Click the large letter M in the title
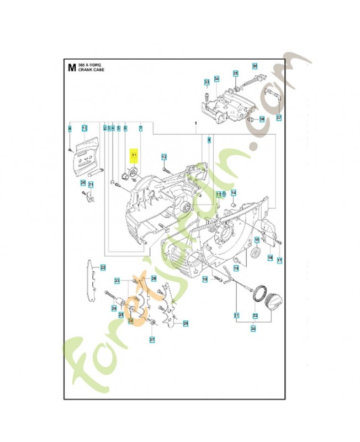[71, 68]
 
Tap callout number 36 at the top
[255, 66]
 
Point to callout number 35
[235, 73]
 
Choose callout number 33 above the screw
[207, 82]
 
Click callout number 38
[261, 119]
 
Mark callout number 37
[279, 118]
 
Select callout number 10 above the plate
[84, 128]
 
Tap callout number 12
[164, 157]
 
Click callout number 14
[233, 192]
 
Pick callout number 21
[91, 185]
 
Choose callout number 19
[205, 280]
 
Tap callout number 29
[186, 323]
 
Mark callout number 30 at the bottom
[253, 329]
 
